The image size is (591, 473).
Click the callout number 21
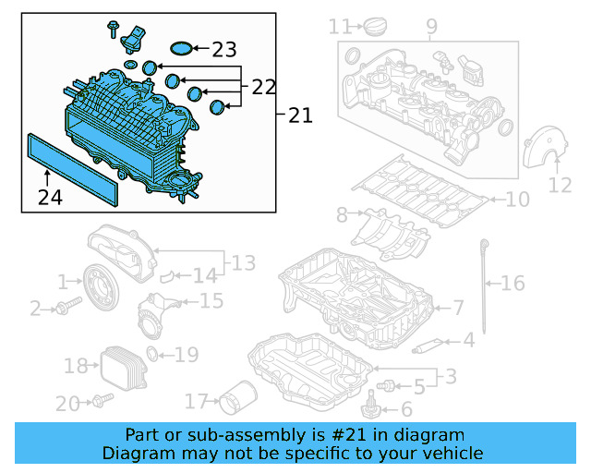click(300, 115)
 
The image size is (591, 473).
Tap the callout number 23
click(224, 50)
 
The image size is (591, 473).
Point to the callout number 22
click(263, 87)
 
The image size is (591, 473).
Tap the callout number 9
click(431, 26)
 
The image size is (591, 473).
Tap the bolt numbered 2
click(62, 309)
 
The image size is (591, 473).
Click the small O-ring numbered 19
click(154, 354)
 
